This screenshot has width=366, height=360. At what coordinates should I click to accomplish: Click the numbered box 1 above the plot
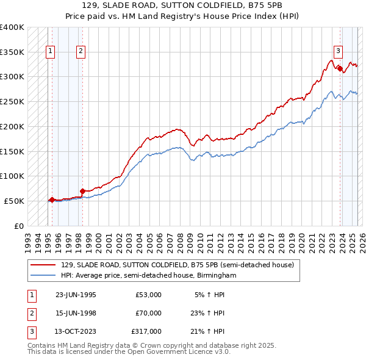pos(49,51)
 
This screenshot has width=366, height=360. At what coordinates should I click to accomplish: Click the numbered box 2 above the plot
pos(81,51)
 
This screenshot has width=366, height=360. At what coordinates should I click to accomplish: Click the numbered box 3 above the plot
pos(338,51)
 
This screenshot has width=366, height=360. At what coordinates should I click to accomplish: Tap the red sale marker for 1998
pos(82,191)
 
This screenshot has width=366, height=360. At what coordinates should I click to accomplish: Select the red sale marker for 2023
pos(340,68)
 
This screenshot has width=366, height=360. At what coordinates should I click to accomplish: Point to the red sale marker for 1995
pos(52,200)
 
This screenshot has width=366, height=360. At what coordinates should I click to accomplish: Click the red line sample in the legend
pos(43,265)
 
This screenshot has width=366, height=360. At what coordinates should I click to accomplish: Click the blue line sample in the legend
pos(43,276)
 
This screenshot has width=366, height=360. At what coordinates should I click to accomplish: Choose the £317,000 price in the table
pos(146,331)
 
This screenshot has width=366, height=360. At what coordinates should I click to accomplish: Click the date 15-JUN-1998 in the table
pos(76,313)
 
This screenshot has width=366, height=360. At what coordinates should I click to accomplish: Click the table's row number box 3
pos(30,331)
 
